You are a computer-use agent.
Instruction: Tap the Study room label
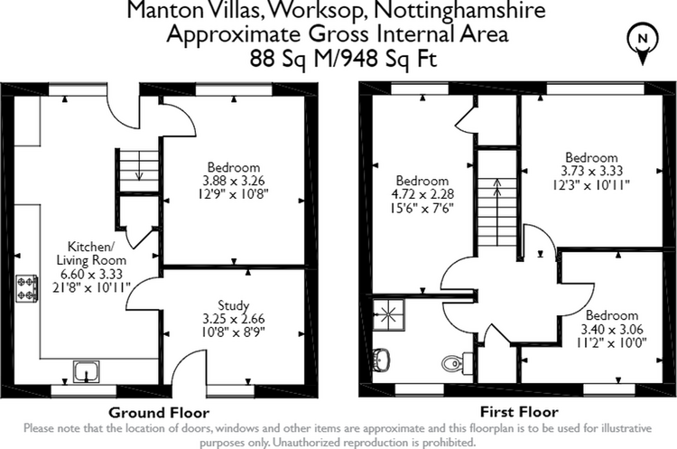(233, 305)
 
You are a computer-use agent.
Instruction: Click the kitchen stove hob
(27, 288)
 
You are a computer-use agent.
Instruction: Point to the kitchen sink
(87, 371)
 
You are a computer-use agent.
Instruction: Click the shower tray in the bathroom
(388, 314)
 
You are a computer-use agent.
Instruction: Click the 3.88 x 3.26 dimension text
(234, 180)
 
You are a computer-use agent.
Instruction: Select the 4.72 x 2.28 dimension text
(422, 194)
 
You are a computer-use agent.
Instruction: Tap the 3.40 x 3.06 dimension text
(612, 329)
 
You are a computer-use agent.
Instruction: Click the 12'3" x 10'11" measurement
(591, 185)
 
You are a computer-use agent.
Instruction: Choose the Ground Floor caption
(159, 413)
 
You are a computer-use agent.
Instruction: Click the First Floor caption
(519, 412)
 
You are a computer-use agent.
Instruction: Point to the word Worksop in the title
(319, 10)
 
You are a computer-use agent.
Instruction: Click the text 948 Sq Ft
(388, 59)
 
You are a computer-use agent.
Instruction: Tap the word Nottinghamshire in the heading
(459, 10)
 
